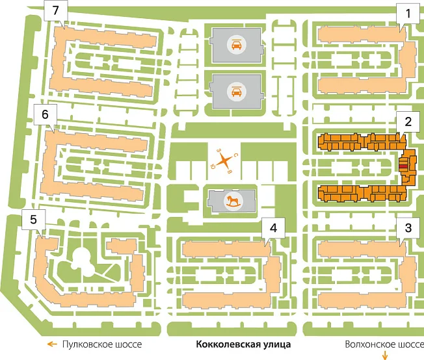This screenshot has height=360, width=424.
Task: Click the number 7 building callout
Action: point(56,11)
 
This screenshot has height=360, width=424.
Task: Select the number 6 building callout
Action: point(45,114)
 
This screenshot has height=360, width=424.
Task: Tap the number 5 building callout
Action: point(34,220)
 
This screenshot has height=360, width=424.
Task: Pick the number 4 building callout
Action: point(273,228)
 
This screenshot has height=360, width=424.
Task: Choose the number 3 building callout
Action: point(408,228)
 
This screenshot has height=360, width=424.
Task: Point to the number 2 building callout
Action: point(408,122)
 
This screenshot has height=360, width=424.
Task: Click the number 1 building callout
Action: point(408,14)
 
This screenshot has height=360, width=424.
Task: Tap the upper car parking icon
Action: point(237,45)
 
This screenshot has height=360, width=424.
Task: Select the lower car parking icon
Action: point(237,91)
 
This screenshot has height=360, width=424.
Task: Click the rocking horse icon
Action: point(233,201)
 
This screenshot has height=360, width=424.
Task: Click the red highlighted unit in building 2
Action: point(404,167)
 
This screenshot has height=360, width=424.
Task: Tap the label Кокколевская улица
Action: point(243,344)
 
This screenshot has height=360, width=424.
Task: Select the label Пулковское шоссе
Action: point(102,344)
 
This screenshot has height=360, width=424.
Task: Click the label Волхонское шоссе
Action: point(384,344)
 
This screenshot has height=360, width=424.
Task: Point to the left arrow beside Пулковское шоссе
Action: point(52,344)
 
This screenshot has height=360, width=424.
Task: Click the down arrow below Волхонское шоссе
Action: point(385,355)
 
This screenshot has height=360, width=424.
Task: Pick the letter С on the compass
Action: point(235,155)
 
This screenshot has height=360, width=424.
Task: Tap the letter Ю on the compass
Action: point(212,166)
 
